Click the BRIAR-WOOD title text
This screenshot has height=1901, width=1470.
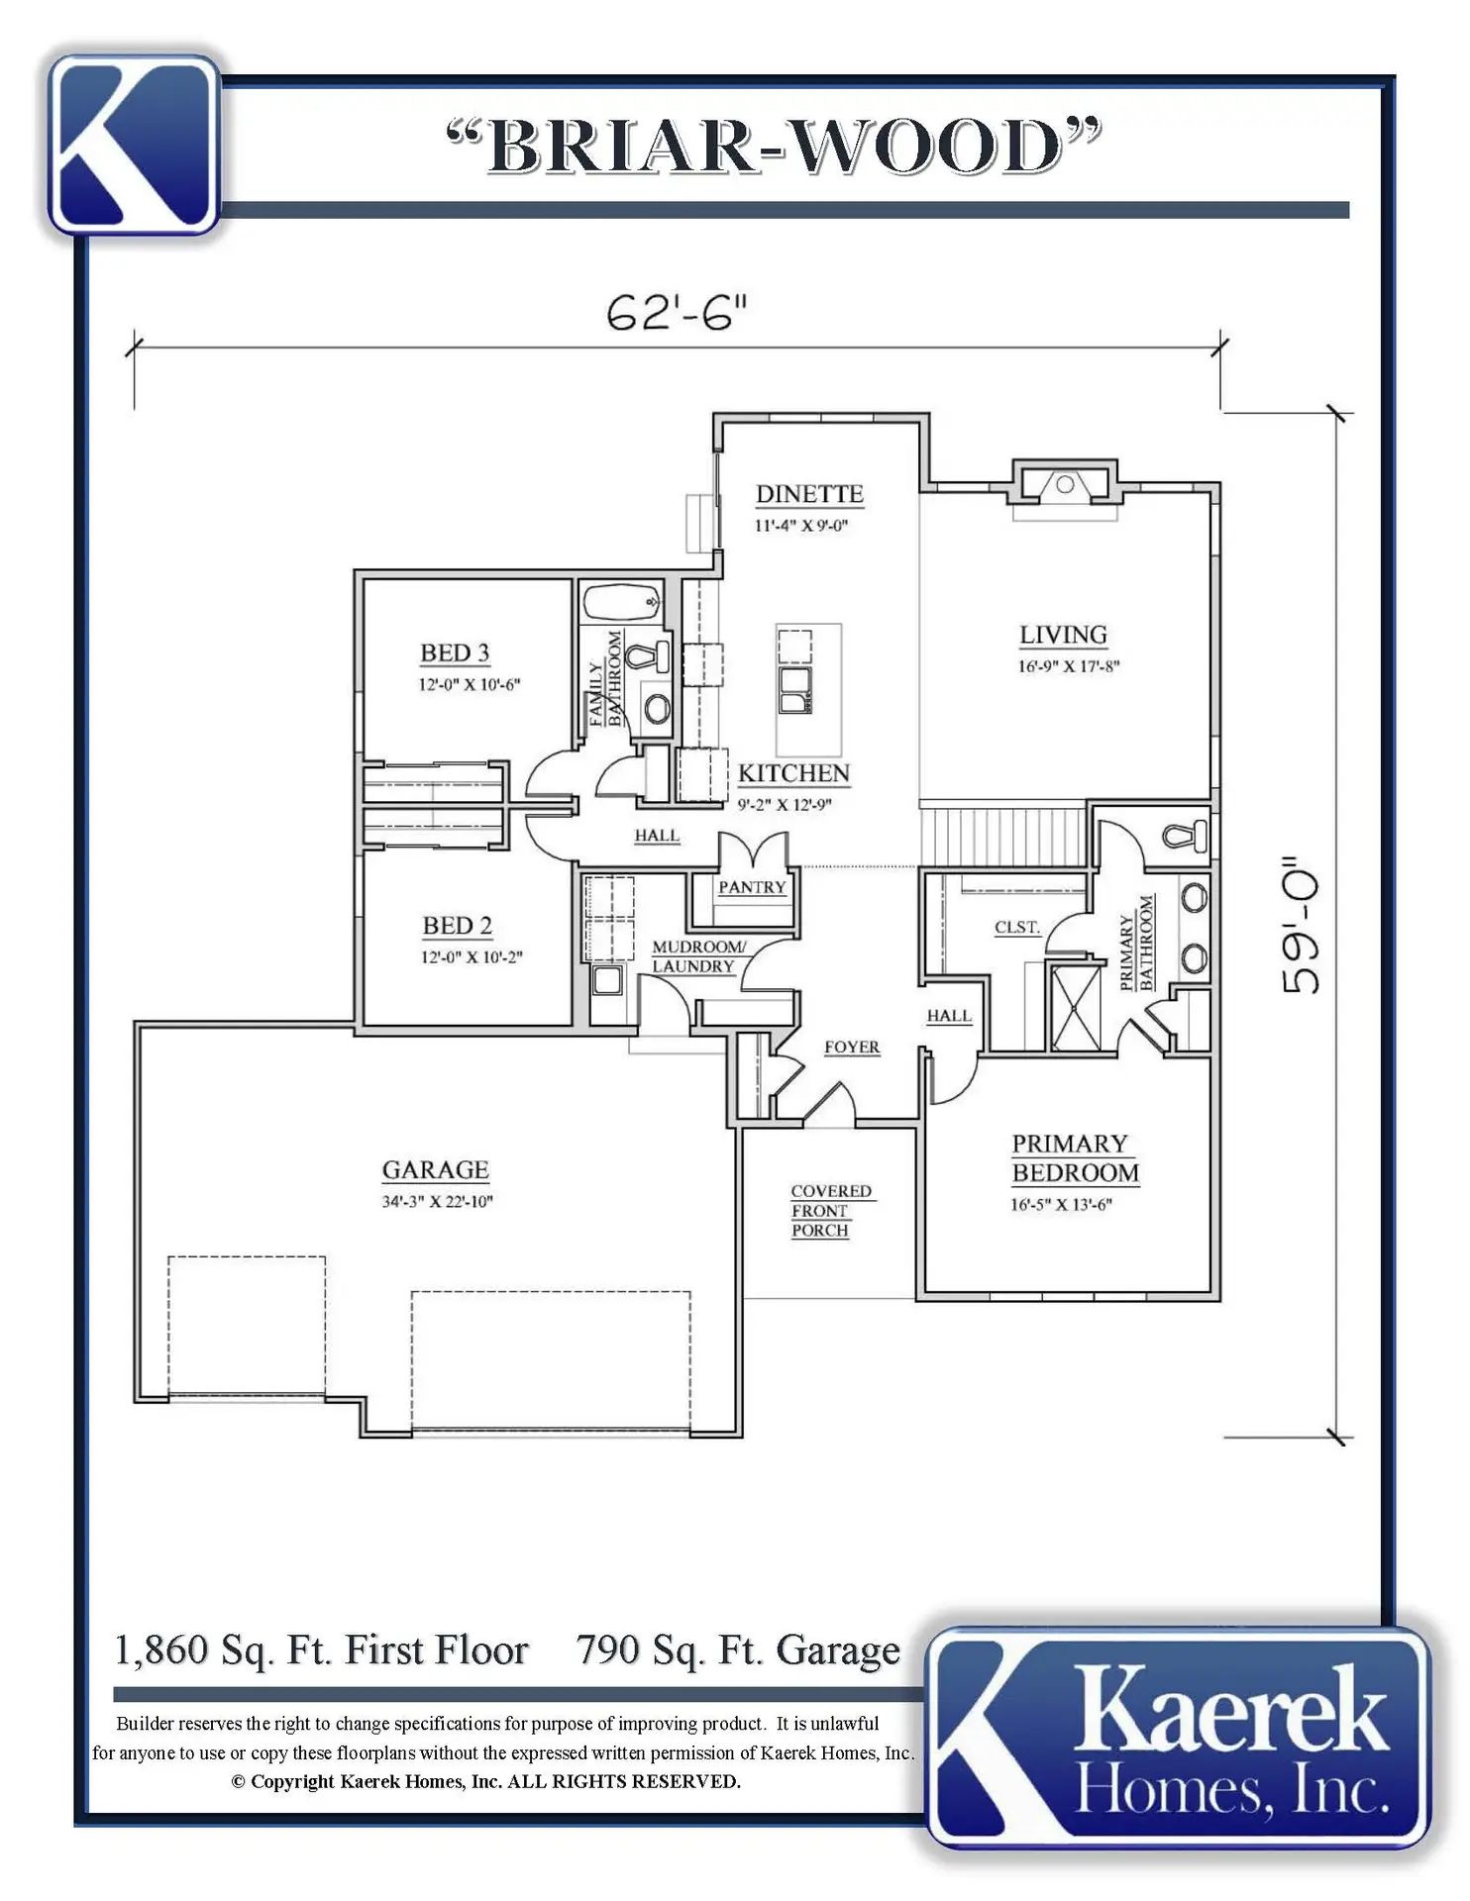(x=774, y=146)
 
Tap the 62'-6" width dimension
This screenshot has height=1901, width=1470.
(x=676, y=314)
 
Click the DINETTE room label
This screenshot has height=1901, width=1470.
(x=809, y=494)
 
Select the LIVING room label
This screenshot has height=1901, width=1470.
(x=1064, y=635)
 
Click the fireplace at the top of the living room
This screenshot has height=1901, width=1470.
(x=1065, y=486)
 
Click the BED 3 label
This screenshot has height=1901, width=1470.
(x=455, y=653)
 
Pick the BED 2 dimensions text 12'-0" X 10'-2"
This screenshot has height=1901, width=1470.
(x=472, y=957)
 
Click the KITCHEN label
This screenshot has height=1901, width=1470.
(x=794, y=773)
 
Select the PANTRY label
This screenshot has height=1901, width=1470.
(x=752, y=887)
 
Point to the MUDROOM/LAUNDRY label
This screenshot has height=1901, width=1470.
(x=697, y=956)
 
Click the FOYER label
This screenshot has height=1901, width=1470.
(x=852, y=1048)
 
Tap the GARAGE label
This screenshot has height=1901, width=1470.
(x=436, y=1170)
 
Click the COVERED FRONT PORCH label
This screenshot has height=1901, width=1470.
(x=830, y=1211)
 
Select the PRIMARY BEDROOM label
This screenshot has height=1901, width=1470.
(x=1075, y=1158)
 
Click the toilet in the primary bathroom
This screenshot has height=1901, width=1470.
(x=1185, y=837)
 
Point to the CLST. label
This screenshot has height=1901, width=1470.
(x=1017, y=928)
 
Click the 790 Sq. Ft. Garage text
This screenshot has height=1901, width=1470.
(x=739, y=1651)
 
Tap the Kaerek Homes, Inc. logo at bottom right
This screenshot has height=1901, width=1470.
(x=1179, y=1737)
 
